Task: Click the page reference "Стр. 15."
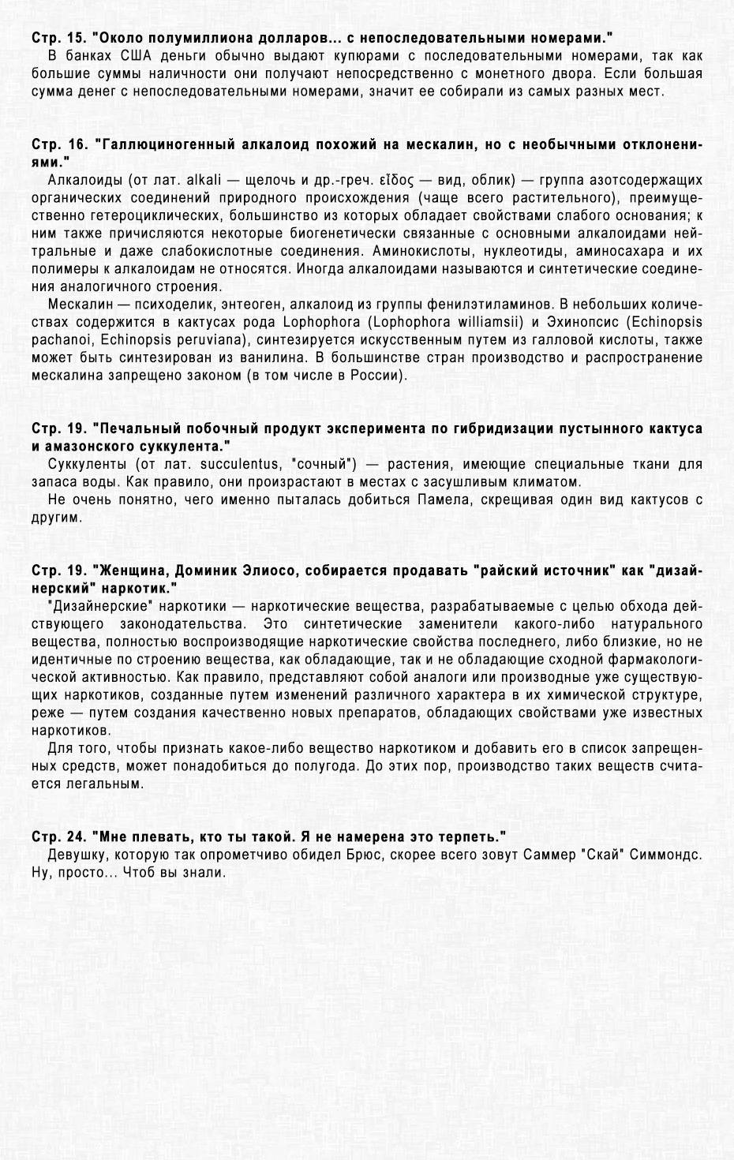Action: (59, 38)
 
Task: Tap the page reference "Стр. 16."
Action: (59, 145)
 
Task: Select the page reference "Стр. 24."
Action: (59, 836)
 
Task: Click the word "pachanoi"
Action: (62, 340)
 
